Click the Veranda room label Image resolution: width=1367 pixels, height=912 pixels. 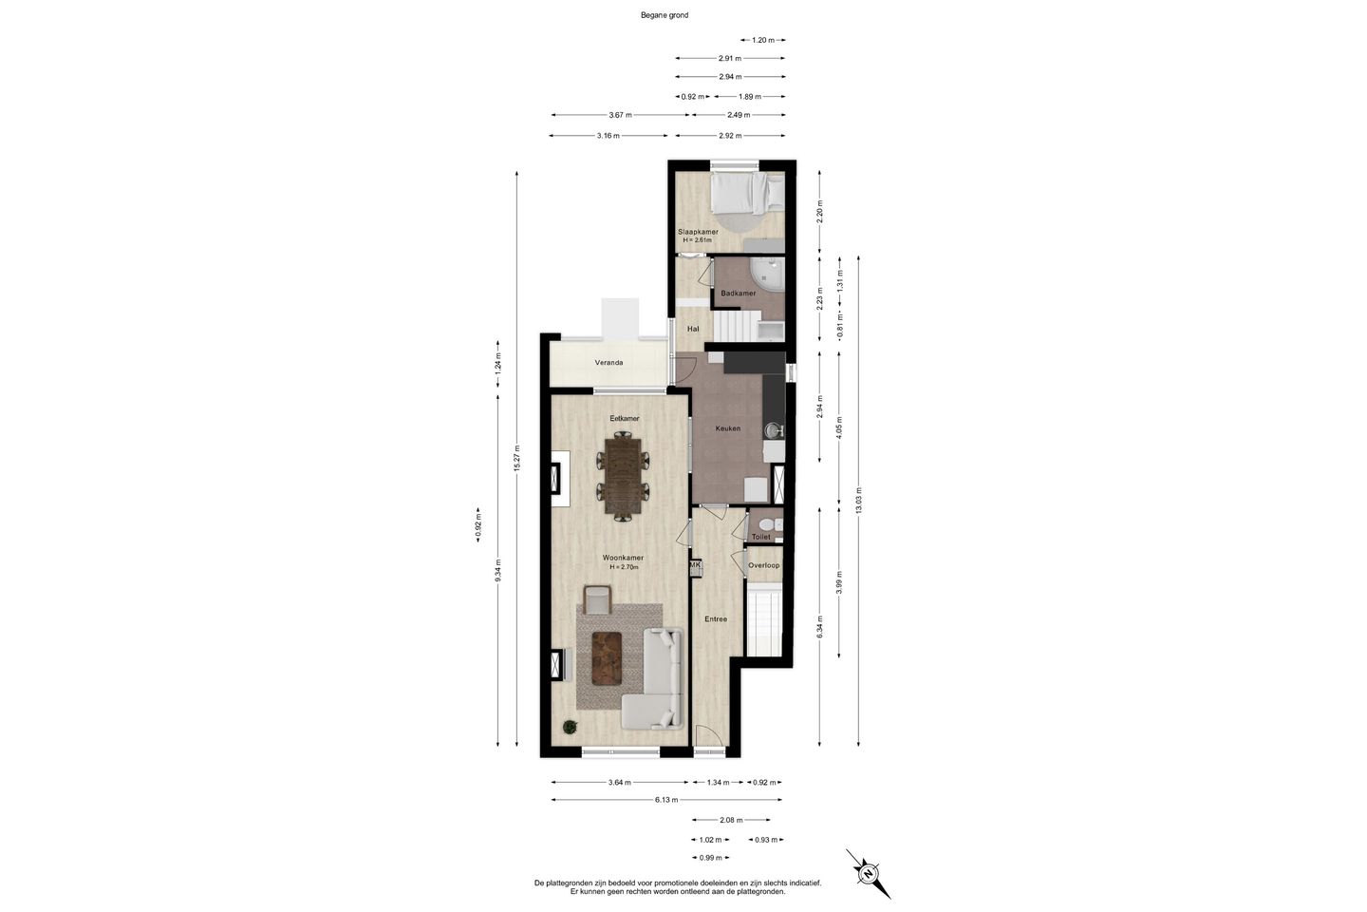click(x=609, y=363)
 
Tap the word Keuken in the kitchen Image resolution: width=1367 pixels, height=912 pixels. click(x=728, y=428)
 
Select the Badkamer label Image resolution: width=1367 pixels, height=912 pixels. click(x=739, y=294)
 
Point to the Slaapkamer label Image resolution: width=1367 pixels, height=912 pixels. click(x=698, y=232)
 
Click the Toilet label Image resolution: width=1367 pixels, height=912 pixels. click(x=761, y=537)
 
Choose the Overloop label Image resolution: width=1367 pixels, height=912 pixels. click(x=764, y=565)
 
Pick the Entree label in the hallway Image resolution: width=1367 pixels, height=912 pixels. click(x=716, y=619)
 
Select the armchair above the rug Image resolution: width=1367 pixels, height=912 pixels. click(x=170, y=599)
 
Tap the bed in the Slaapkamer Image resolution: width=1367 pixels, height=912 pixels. click(x=749, y=191)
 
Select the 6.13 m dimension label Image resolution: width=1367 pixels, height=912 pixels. click(x=666, y=800)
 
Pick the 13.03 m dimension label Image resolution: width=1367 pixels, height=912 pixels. click(x=859, y=501)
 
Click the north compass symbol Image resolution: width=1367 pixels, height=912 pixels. click(x=868, y=873)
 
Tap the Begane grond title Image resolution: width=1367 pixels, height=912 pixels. click(x=665, y=15)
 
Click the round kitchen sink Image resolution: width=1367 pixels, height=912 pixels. click(x=773, y=430)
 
